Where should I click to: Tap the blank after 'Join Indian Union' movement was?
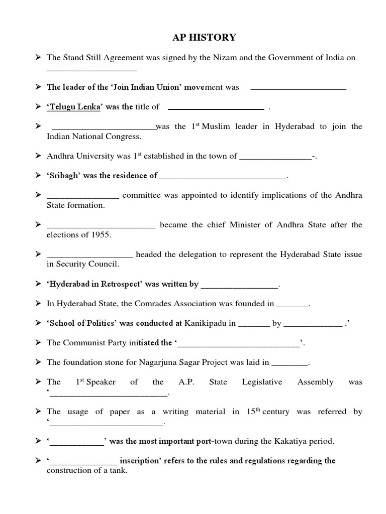(298, 88)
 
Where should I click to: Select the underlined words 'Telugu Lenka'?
(74, 107)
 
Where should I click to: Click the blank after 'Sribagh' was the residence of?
(223, 176)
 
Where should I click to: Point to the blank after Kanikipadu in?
(253, 324)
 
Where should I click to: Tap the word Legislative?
(262, 382)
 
